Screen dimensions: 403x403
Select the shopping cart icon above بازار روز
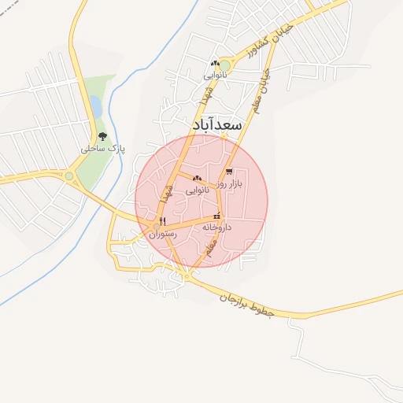click(229, 171)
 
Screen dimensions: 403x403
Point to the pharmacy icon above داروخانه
click(216, 216)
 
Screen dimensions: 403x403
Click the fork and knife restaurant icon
click(161, 221)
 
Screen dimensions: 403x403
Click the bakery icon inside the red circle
click(197, 179)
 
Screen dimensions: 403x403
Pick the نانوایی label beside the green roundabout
click(215, 76)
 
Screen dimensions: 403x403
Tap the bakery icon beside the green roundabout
click(214, 64)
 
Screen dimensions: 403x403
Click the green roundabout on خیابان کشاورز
click(226, 65)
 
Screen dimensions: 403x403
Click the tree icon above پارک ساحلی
click(101, 135)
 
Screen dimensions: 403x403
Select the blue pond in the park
click(94, 105)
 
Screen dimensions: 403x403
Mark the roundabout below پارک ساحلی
click(69, 176)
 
